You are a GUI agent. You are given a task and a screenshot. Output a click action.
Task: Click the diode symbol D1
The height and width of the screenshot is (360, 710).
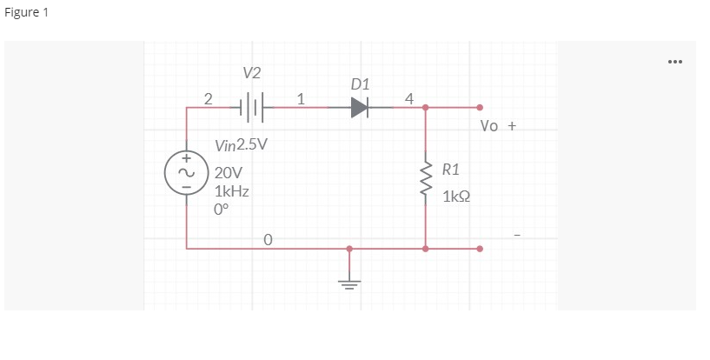[x=360, y=107]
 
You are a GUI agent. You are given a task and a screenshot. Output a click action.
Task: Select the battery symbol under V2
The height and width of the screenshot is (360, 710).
[x=252, y=107]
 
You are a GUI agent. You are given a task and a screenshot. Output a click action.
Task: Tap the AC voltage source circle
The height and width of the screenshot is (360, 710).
[x=185, y=172]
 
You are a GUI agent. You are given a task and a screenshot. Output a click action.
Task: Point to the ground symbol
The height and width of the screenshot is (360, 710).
[x=349, y=283]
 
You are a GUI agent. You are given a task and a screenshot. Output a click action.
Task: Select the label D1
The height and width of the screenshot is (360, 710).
[x=360, y=84]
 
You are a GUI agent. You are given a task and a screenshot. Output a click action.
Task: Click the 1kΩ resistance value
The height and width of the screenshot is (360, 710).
[x=457, y=197]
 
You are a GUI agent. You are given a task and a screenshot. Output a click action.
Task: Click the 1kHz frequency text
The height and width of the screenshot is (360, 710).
[x=232, y=191]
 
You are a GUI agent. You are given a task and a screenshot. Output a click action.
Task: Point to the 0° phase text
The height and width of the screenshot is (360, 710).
[x=222, y=210]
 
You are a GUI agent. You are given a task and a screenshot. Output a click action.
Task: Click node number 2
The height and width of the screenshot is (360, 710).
[x=207, y=97]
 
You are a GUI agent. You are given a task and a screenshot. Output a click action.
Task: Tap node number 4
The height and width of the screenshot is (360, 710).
[x=408, y=97]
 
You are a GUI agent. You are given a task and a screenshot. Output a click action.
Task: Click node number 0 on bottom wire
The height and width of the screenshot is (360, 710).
[x=268, y=237]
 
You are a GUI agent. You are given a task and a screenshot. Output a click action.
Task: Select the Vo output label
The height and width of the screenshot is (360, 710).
[x=489, y=126]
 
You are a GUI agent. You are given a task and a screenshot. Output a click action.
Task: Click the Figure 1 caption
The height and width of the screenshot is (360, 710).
[x=26, y=18]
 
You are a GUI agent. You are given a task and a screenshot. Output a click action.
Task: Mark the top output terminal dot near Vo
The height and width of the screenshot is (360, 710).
[x=480, y=107]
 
